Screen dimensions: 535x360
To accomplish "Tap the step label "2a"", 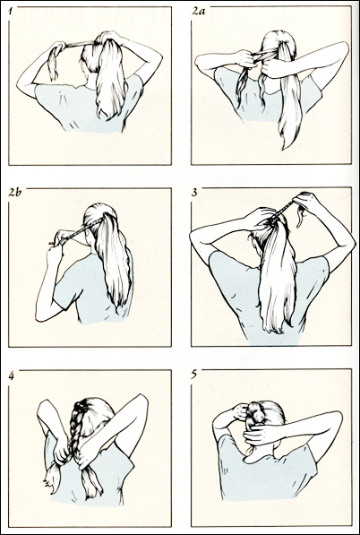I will click(198, 11).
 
